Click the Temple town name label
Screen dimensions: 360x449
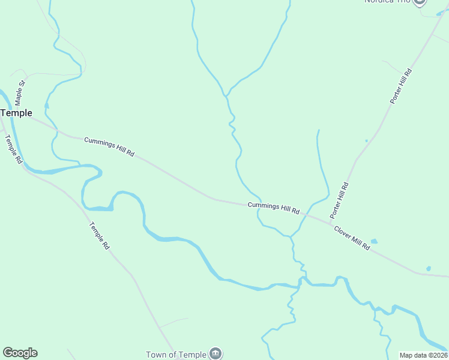tap(16, 113)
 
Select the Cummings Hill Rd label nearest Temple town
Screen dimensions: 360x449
tap(109, 147)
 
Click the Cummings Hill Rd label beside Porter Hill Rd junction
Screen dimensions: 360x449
tap(274, 208)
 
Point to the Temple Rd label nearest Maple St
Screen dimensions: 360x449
tap(13, 149)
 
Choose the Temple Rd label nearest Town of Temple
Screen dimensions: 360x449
tap(100, 236)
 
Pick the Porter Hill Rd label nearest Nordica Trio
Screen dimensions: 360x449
tap(401, 86)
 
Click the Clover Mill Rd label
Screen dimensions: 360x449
tap(352, 238)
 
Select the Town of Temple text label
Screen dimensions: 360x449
tap(176, 355)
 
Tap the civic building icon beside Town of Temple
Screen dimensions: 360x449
tap(215, 354)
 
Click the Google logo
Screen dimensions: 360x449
tap(20, 353)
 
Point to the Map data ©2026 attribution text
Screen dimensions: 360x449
tap(424, 355)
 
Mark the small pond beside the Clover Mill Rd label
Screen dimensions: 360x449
tap(374, 242)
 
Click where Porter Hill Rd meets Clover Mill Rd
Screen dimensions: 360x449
tap(330, 223)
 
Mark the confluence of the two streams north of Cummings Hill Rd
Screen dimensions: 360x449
tap(226, 95)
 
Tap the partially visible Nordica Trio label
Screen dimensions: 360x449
tap(387, 2)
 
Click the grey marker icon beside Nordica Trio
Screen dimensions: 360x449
tap(420, 2)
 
